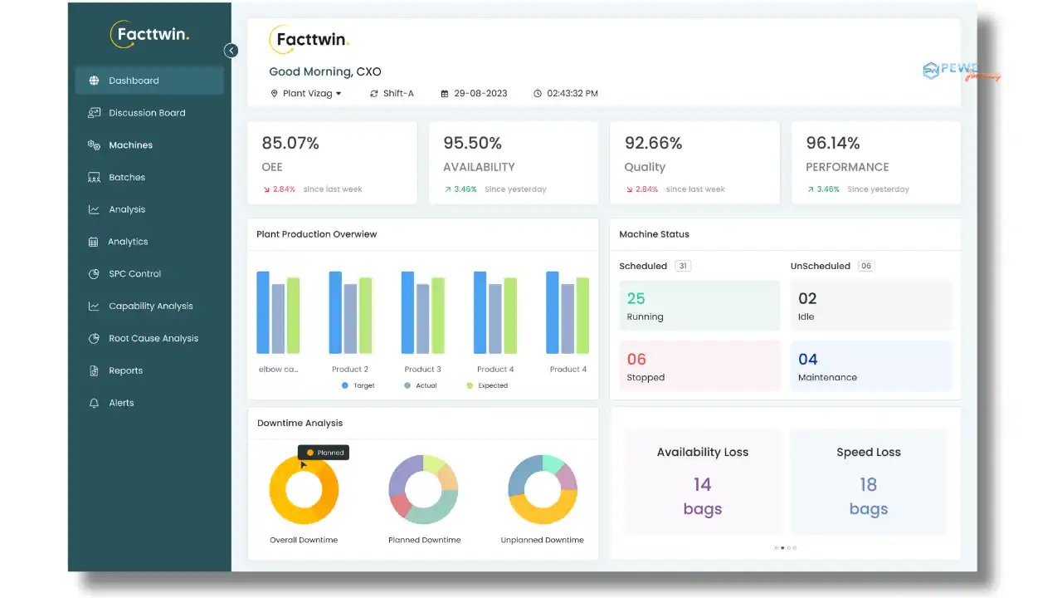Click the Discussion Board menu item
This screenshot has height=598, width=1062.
[x=147, y=113]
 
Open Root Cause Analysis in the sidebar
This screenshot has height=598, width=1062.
[x=153, y=338]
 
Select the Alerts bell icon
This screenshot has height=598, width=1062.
[x=94, y=403]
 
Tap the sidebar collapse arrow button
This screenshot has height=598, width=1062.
[x=231, y=51]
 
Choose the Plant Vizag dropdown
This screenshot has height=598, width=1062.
[x=307, y=94]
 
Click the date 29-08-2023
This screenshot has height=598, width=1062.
[x=480, y=94]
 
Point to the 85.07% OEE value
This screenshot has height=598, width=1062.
[x=290, y=143]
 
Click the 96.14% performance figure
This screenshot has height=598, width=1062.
[x=833, y=143]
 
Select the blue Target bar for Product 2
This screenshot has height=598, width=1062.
[x=335, y=312]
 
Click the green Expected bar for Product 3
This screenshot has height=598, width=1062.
[x=438, y=316]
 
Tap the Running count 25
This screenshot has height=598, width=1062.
[x=636, y=298]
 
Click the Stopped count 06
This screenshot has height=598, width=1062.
[x=636, y=359]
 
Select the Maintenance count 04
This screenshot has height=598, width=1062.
[x=808, y=359]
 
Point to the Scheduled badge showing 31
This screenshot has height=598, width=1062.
[x=683, y=266]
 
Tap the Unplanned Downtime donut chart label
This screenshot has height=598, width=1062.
[x=542, y=540]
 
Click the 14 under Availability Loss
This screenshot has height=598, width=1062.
[x=703, y=484]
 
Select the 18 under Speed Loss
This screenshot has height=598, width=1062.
[x=869, y=484]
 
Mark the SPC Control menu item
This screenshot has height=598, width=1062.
[x=134, y=274]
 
